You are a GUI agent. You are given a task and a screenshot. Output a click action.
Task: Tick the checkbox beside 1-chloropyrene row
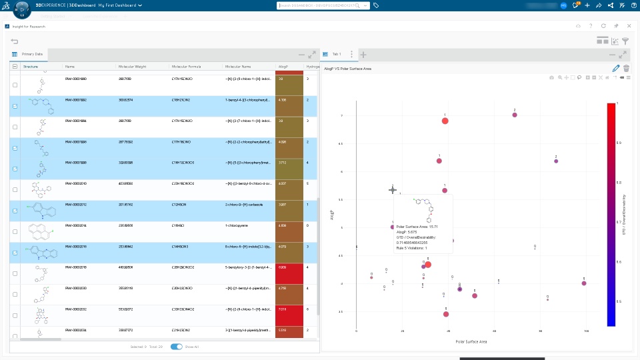pos(15,231)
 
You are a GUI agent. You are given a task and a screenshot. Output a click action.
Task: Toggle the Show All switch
pos(177,347)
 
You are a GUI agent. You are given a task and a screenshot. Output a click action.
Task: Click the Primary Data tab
pos(32,54)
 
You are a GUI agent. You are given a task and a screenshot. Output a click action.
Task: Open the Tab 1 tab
pos(336,54)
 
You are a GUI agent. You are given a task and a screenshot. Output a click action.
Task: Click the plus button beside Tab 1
pos(363,54)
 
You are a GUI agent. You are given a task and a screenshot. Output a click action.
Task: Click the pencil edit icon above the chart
pos(615,68)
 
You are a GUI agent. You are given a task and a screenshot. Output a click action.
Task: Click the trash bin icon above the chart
pos(626,68)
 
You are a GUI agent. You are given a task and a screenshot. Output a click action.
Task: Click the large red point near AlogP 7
pos(445,121)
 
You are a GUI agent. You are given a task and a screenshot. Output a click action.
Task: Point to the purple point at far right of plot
pos(584,283)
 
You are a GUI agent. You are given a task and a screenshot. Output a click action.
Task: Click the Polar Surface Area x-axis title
pos(471,341)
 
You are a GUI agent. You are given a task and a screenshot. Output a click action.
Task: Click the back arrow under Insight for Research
pos(15,41)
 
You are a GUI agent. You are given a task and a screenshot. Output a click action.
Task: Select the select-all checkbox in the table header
pos(15,67)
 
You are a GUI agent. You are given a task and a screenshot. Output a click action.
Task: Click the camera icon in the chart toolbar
pos(551,77)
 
